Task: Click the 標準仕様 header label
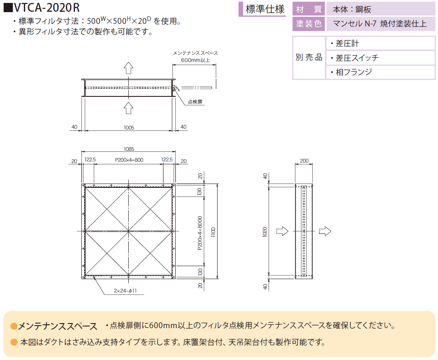coord(265,9)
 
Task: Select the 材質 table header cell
coord(308,9)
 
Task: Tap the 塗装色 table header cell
coord(308,24)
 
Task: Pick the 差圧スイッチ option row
coord(381,58)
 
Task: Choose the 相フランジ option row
coord(381,73)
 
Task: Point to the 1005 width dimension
coord(129,128)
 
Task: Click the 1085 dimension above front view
coord(129,149)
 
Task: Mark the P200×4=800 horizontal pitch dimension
coord(129,160)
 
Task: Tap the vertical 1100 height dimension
coord(213,232)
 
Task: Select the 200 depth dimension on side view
coord(304,161)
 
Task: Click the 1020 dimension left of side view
coord(265,232)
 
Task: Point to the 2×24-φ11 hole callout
coord(125,291)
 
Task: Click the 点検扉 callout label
coord(195,102)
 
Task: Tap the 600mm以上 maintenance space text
coord(195,60)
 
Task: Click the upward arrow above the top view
coord(129,68)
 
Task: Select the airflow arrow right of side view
coord(325,231)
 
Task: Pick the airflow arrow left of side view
coord(282,231)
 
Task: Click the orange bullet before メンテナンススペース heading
coord(14,326)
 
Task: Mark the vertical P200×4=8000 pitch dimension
coord(200,233)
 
